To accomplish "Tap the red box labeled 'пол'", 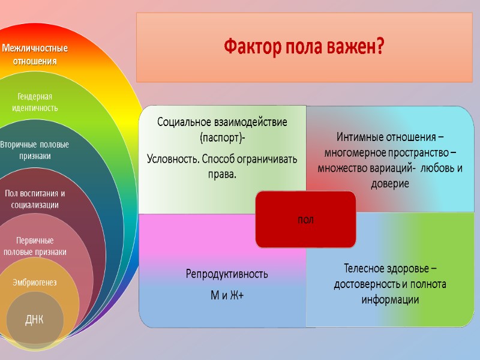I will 305,220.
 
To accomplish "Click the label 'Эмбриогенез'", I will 35,283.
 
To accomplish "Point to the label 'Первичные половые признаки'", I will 35,246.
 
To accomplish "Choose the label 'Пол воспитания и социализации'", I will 35,199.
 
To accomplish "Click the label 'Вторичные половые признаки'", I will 34,150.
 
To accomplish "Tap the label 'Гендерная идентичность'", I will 35,102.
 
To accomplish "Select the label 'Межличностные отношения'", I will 35,54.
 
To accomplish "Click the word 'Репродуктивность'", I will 226,274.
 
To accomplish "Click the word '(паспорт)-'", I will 223,139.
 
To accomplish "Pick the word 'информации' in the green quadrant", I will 390,299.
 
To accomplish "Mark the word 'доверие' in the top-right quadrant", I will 390,184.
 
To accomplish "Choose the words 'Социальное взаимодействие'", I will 223,122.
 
